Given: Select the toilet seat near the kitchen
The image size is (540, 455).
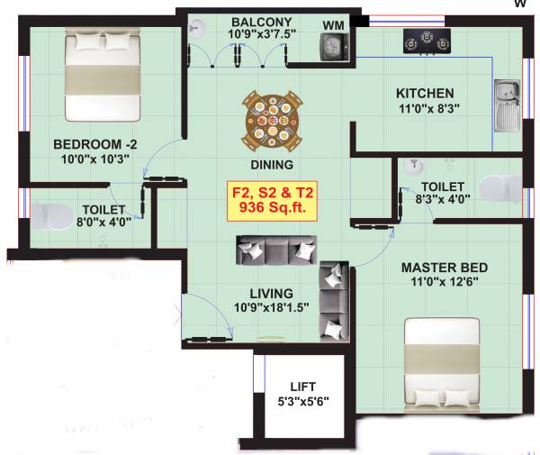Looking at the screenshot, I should [x=499, y=189].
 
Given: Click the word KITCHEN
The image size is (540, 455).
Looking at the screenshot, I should [x=426, y=93].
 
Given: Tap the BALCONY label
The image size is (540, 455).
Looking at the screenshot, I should [x=259, y=22].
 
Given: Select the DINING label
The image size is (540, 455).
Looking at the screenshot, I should [x=273, y=165].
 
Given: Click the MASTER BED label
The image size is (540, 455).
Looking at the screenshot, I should [x=445, y=268].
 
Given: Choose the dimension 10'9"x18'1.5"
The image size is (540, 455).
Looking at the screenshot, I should [x=271, y=306].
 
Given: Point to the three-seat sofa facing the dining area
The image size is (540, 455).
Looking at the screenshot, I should [x=276, y=250].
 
